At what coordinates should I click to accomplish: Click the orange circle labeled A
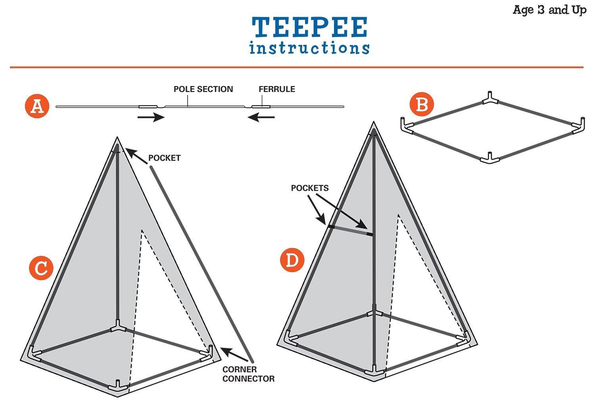coord(37,106)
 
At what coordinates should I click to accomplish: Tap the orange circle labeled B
coord(422,105)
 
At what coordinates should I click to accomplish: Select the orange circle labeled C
coord(41,268)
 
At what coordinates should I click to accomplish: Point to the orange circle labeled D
coord(292,261)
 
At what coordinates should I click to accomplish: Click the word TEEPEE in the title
coord(309,28)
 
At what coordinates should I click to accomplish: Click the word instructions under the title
coord(309,48)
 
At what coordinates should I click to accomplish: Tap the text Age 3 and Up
coord(549,10)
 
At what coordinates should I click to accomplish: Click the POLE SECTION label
coord(203,89)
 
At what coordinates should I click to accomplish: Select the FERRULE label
coord(277,89)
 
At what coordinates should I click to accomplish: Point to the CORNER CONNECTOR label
coord(248,374)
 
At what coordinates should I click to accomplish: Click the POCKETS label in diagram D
coord(310,188)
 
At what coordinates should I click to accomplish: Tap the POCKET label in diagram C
coord(164,158)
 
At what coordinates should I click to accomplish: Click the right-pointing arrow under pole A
coord(151,117)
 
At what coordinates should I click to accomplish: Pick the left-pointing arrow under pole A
coord(260,117)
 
